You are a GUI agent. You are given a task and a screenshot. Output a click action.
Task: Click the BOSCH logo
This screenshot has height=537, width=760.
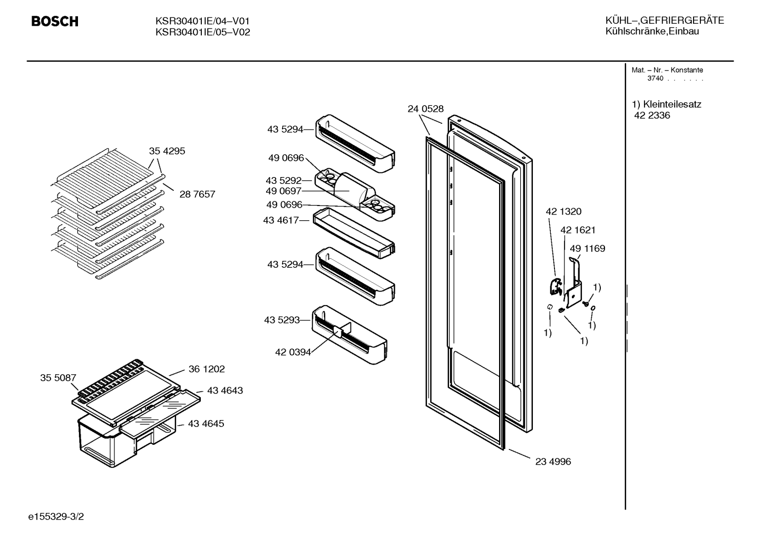[x=55, y=22]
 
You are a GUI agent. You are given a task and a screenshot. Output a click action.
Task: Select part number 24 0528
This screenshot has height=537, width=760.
[x=425, y=109]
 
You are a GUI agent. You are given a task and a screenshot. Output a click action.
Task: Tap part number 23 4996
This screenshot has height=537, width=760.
[x=553, y=461]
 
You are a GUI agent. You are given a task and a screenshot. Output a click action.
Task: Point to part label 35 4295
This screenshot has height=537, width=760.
[x=167, y=151]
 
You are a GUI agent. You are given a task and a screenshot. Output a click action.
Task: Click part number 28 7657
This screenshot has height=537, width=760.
[x=197, y=194]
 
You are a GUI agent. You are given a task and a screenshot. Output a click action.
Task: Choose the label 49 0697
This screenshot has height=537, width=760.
[x=284, y=191]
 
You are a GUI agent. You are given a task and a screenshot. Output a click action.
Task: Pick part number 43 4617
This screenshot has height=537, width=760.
[x=281, y=220]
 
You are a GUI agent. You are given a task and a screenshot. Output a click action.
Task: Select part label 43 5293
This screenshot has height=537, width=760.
[x=282, y=320]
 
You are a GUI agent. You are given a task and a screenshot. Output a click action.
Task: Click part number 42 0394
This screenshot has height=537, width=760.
[x=293, y=352]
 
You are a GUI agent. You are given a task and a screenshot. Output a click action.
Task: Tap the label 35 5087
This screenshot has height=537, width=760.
[x=58, y=377]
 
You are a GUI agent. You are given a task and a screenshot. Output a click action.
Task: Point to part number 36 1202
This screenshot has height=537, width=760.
[x=207, y=369]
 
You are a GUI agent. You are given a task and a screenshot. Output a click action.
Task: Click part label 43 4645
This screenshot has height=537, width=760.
[x=206, y=423]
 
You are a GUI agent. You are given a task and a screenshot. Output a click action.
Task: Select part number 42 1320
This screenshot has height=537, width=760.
[x=563, y=211]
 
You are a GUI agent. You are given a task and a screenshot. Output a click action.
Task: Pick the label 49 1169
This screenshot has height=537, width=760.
[x=587, y=248]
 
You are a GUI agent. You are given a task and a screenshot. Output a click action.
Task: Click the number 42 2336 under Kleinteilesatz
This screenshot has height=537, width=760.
[x=652, y=115]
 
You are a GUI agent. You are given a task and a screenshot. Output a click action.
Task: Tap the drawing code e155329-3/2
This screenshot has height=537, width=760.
[x=56, y=516]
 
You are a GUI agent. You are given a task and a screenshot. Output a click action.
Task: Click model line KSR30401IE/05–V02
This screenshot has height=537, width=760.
[x=202, y=32]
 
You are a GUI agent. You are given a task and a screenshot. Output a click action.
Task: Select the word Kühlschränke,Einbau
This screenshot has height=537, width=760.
[x=652, y=31]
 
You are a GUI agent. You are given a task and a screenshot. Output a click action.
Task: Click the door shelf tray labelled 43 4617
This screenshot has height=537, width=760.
[x=354, y=233]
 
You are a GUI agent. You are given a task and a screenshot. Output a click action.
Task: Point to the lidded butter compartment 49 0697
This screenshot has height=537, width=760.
[x=355, y=189]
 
